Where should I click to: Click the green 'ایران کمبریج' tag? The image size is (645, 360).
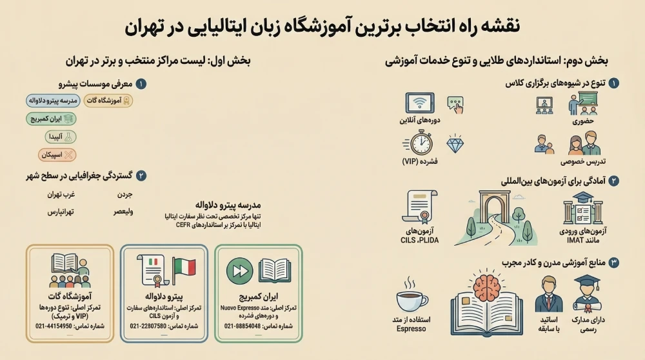point(51,119)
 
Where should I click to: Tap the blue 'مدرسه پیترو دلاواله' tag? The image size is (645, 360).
point(54,101)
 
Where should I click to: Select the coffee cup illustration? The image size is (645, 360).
point(411,299)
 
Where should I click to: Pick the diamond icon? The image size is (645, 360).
point(455,144)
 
